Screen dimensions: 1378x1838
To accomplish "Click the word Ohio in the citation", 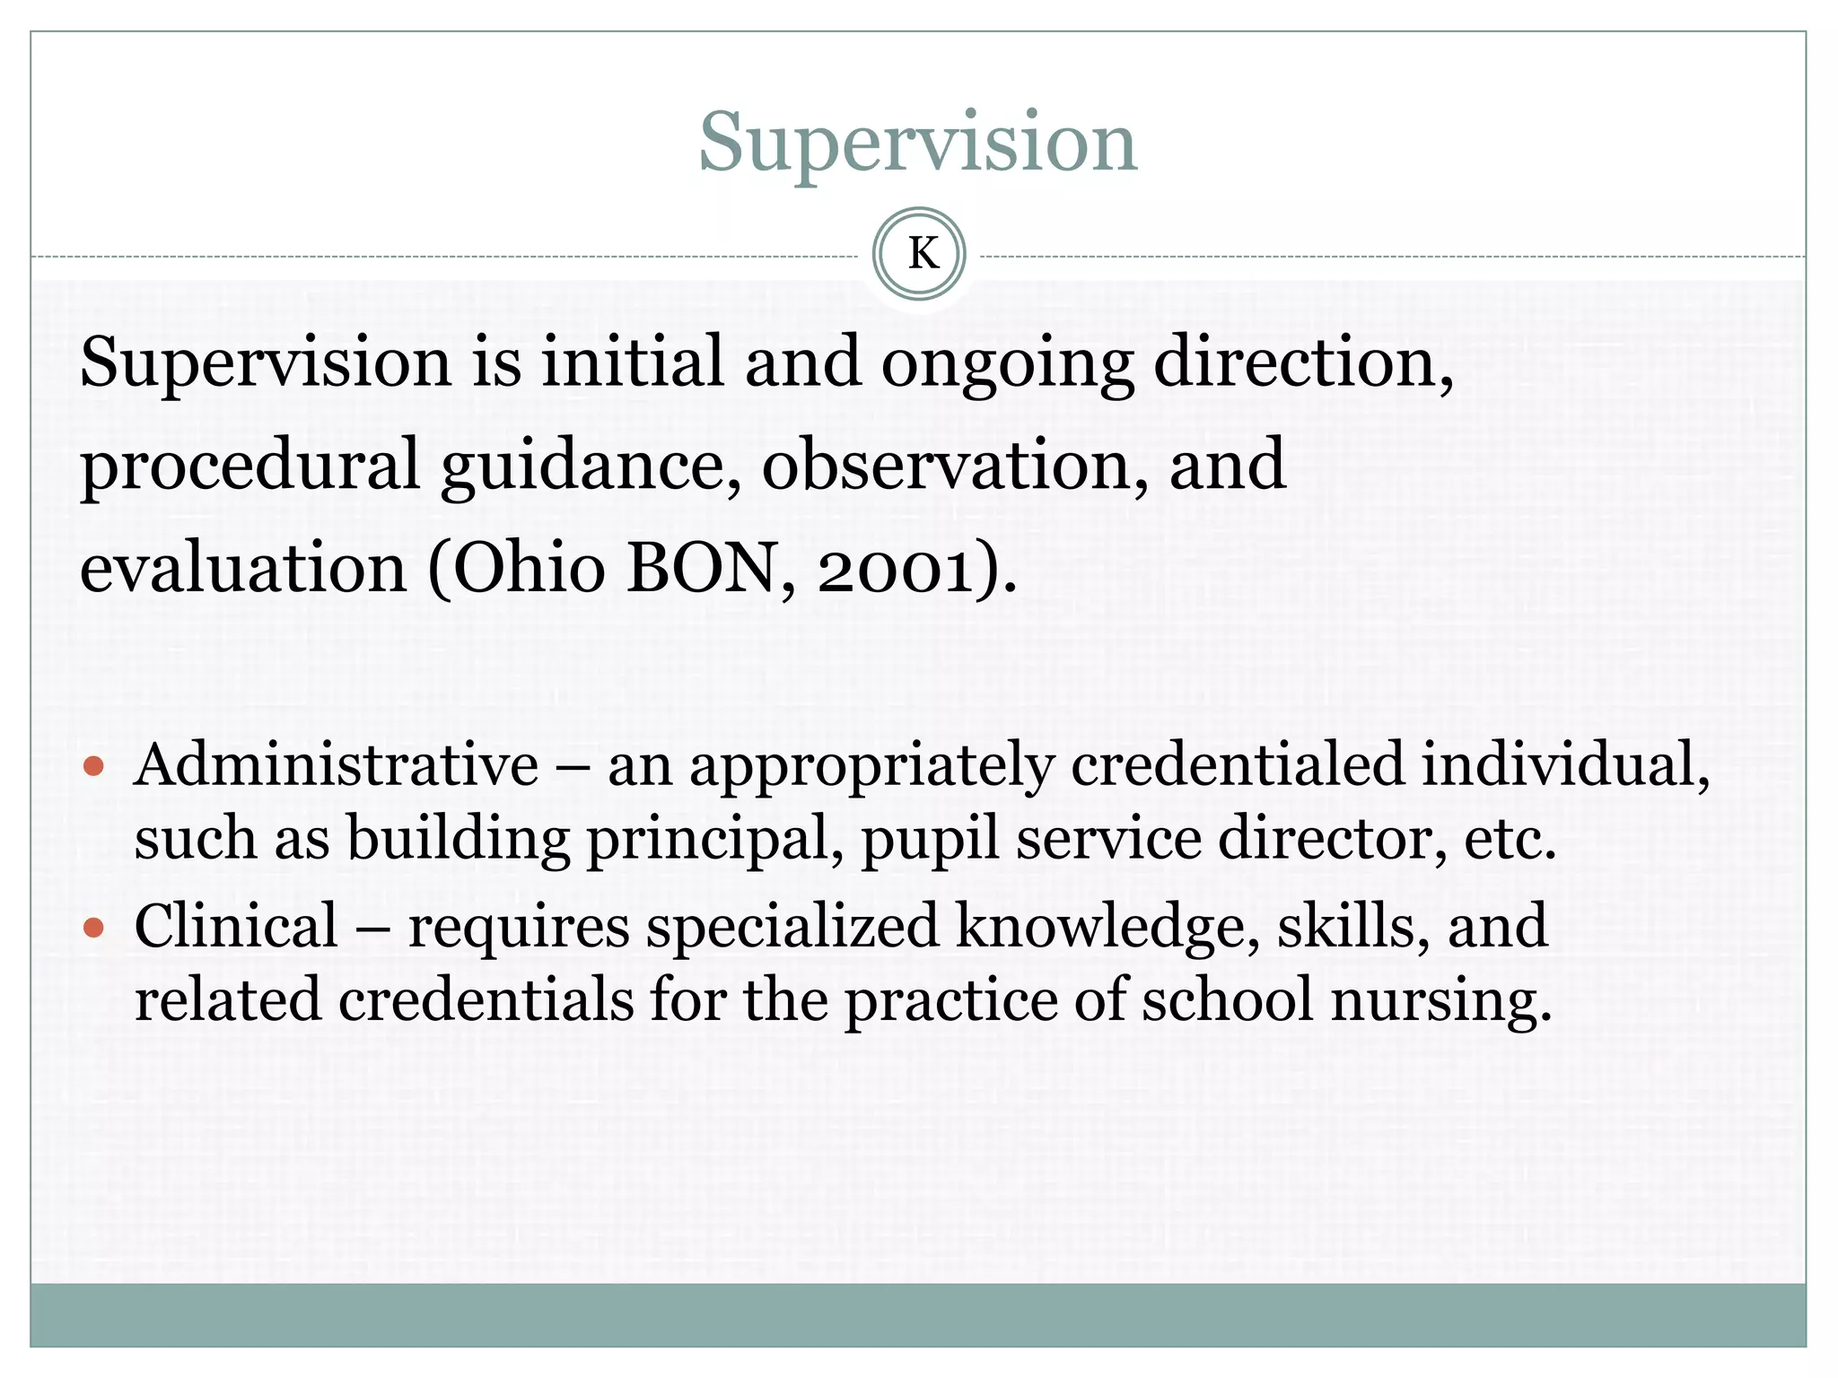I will [x=529, y=569].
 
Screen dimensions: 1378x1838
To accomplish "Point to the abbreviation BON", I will [x=700, y=569].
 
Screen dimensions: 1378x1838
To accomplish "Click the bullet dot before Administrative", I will [x=93, y=767].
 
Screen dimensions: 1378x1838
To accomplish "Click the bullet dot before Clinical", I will [x=93, y=927].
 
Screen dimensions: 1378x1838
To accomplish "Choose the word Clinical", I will [x=236, y=926].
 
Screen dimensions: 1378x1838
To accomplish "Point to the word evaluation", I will [x=243, y=569].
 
